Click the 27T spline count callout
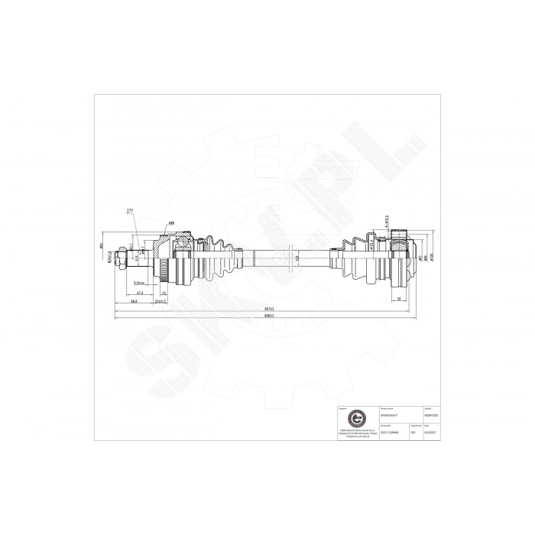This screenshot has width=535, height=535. pos(128,209)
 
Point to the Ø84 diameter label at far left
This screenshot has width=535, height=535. pos(102,246)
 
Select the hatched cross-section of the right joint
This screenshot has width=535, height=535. pos(400,246)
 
